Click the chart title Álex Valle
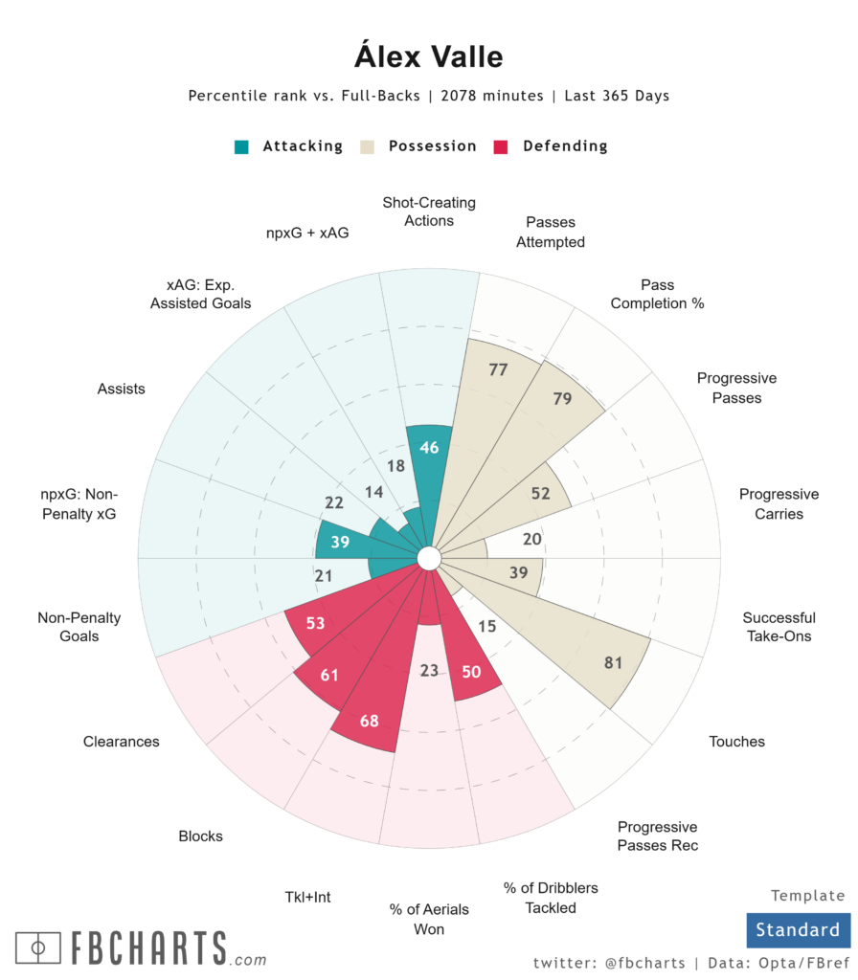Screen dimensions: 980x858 (x=429, y=56)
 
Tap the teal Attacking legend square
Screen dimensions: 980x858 (x=242, y=146)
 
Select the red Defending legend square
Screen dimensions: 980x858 (x=500, y=146)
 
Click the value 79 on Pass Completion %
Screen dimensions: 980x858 (x=562, y=398)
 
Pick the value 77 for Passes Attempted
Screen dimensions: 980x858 (x=497, y=369)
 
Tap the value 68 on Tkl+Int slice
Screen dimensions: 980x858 (x=369, y=721)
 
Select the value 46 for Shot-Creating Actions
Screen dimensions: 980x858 (x=429, y=448)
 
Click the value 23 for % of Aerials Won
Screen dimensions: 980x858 (x=429, y=670)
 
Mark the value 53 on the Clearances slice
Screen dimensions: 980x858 (x=315, y=623)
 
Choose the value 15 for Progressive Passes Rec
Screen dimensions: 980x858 (x=486, y=627)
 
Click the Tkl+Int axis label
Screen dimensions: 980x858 (x=307, y=897)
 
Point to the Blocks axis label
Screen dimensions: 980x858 (x=200, y=835)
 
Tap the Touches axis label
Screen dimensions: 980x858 (x=736, y=741)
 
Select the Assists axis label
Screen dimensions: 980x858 (x=121, y=389)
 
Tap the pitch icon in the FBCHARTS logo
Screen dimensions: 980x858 (x=38, y=948)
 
